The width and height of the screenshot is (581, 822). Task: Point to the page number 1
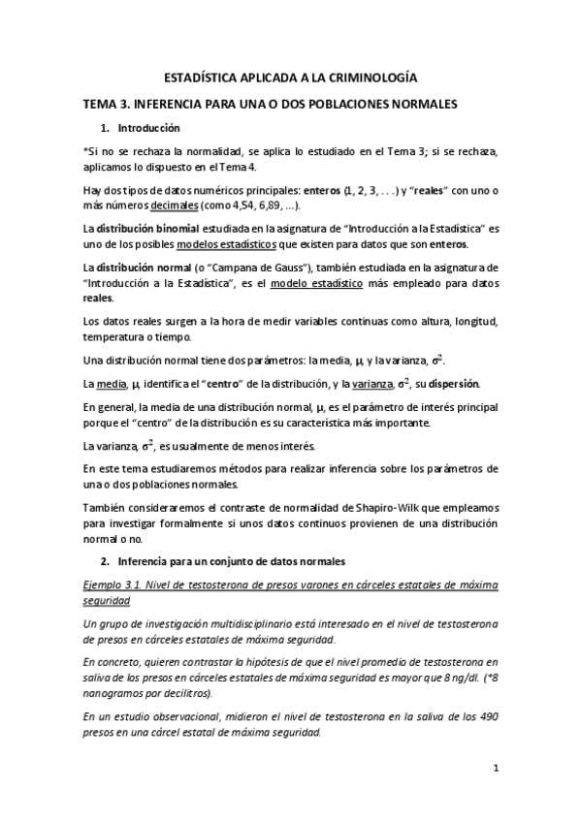[495, 770]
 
